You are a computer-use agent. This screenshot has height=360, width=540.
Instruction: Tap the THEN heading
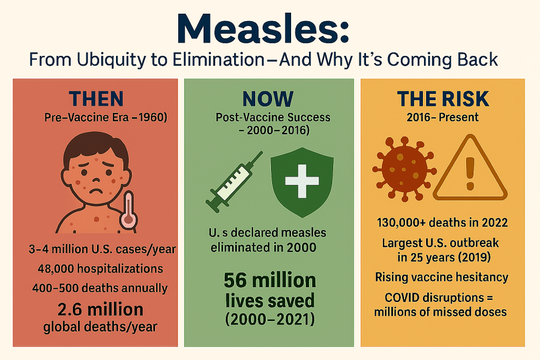[x=96, y=99]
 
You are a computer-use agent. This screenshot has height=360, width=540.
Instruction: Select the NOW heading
[x=268, y=99]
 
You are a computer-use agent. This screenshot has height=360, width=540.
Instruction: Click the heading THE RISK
[x=443, y=99]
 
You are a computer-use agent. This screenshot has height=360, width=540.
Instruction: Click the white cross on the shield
[x=302, y=181]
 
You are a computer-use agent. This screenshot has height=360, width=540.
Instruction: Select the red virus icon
[x=404, y=169]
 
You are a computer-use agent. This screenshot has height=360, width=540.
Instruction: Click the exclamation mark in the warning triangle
[x=470, y=173]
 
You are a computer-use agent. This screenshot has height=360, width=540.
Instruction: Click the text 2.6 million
[x=100, y=309]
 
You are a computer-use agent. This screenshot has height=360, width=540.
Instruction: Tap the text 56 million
[x=269, y=280]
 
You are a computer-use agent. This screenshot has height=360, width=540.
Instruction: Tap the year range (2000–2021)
[x=269, y=319]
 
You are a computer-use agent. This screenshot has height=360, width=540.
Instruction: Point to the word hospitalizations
[x=120, y=269]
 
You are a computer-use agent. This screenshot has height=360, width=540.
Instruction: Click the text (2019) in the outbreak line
[x=475, y=257]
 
